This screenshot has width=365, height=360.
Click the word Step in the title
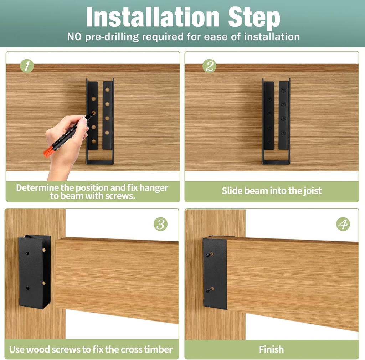(x=254, y=17)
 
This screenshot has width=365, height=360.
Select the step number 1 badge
(x=27, y=66)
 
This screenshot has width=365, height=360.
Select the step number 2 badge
(x=209, y=66)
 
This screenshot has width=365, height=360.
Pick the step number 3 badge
(x=160, y=224)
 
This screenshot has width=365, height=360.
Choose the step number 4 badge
(x=343, y=224)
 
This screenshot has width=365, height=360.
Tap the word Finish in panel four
(x=272, y=349)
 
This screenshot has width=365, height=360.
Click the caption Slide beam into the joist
(x=272, y=191)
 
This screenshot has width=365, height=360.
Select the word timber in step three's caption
(x=159, y=349)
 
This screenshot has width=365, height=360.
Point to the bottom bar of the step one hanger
(x=100, y=162)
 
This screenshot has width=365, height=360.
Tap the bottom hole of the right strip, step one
(x=107, y=133)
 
